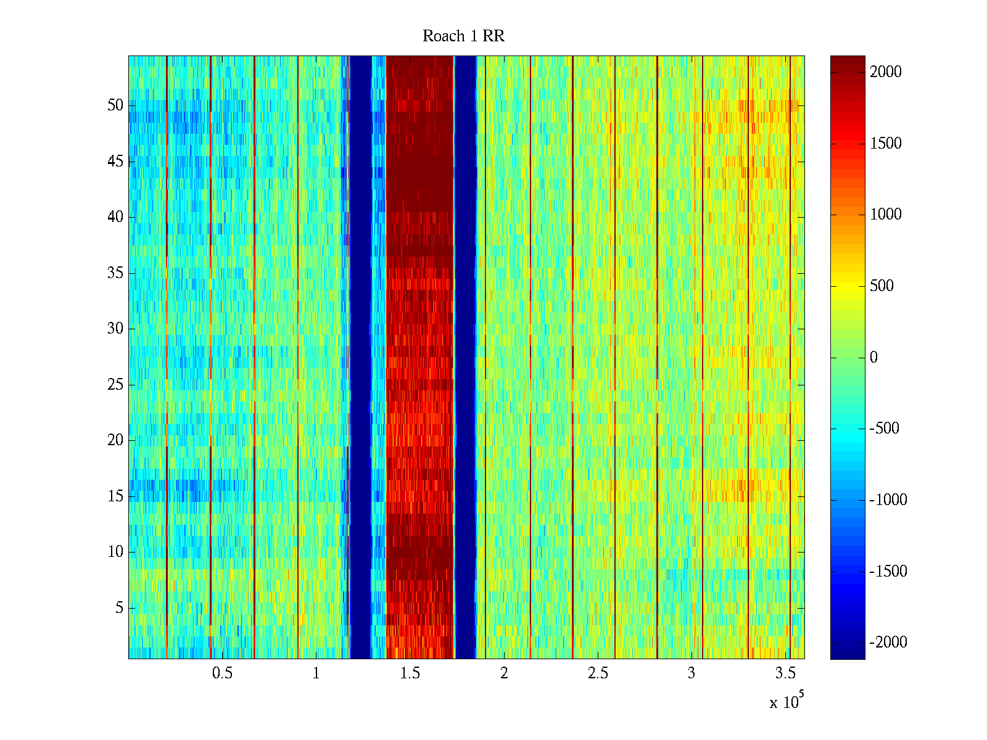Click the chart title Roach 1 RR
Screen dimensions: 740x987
click(463, 36)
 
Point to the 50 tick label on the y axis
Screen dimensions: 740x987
click(115, 105)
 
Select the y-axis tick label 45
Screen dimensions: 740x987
click(115, 162)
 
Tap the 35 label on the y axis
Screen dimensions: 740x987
click(115, 273)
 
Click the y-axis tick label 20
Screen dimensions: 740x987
click(115, 440)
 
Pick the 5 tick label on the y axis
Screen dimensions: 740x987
click(119, 608)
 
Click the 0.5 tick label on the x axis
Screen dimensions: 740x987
click(222, 673)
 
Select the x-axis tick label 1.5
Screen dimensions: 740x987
click(410, 673)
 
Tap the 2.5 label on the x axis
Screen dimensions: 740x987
click(598, 673)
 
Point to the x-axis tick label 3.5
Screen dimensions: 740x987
click(786, 673)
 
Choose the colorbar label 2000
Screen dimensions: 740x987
click(886, 72)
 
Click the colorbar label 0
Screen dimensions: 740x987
click(873, 358)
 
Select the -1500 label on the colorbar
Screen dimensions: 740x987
click(888, 572)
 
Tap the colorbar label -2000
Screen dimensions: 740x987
click(888, 643)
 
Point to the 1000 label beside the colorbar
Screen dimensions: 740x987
click(886, 215)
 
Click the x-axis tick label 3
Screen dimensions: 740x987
click(692, 673)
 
